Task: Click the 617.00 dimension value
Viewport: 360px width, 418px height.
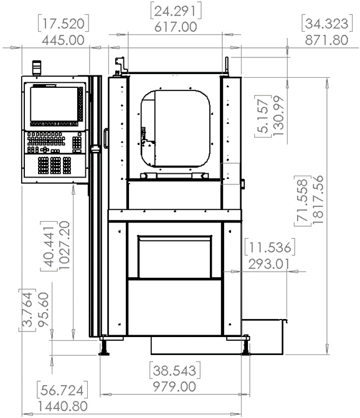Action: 176,27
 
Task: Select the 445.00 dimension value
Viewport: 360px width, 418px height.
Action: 63,40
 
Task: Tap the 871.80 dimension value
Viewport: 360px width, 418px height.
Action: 326,40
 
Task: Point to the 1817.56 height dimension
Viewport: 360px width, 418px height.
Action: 318,199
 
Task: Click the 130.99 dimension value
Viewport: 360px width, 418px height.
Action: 278,116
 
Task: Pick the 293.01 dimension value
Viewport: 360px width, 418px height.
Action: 268,264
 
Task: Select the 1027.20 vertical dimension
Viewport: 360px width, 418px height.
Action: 64,245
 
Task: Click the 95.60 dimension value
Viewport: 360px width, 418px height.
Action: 44,310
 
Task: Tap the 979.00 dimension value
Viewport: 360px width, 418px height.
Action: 174,387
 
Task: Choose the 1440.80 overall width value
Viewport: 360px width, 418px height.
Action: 63,407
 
